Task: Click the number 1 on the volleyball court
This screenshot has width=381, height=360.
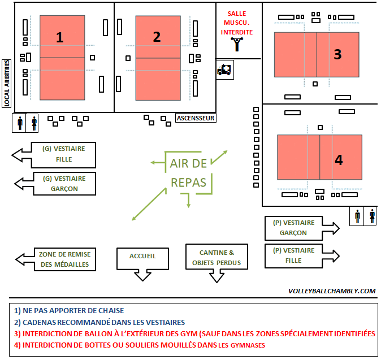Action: click(59, 37)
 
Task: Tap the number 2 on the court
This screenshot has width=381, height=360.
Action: click(157, 37)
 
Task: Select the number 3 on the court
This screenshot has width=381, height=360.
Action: click(337, 54)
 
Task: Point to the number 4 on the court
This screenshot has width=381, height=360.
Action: click(339, 160)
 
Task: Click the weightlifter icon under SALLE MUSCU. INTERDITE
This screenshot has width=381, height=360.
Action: click(237, 45)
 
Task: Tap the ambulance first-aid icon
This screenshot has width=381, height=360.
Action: click(224, 70)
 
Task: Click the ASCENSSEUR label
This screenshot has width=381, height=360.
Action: click(196, 118)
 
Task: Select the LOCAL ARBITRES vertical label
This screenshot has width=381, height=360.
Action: click(7, 84)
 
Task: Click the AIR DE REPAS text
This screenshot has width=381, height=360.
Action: click(189, 173)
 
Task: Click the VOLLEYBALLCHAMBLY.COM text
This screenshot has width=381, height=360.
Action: click(332, 291)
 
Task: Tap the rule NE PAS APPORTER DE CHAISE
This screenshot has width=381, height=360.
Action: click(70, 310)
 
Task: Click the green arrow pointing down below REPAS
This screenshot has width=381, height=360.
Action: click(189, 199)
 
